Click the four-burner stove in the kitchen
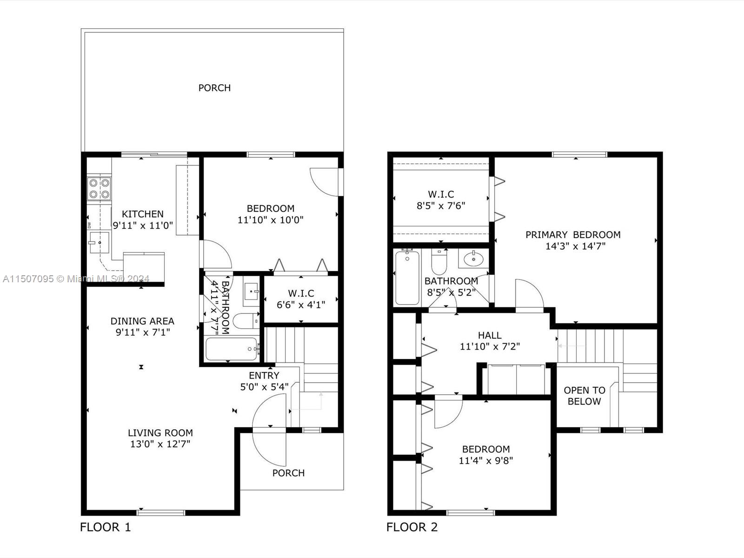coord(99,189)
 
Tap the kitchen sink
coord(99,243)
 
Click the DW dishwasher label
coord(89,225)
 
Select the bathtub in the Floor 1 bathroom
coord(232,349)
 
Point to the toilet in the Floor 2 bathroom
coord(439,261)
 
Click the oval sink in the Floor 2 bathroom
coord(473,259)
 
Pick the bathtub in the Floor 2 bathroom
coord(407,278)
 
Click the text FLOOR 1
coord(106,527)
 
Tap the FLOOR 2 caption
coord(412,527)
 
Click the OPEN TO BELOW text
coord(585,396)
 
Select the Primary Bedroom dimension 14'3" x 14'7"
coord(575,246)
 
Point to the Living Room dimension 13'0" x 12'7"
coord(160,444)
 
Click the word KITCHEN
coord(143,214)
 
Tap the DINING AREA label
coord(142,321)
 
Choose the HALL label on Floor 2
coord(490,335)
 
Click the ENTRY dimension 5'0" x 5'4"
coord(265,386)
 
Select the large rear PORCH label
coord(214,88)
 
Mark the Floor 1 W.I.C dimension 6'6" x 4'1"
coord(301,305)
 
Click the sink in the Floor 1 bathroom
coord(251,292)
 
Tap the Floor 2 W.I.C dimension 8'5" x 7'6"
coord(441,206)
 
